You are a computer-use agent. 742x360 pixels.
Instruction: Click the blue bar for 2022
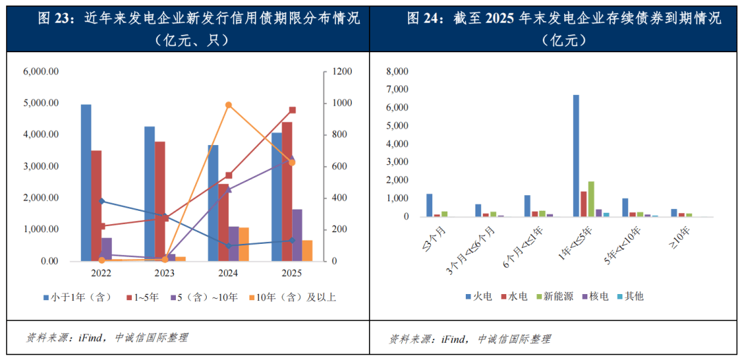[86, 183]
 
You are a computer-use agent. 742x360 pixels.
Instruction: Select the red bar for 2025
[287, 192]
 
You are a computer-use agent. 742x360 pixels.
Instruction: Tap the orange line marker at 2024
[229, 105]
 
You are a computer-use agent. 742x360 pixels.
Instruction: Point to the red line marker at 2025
[292, 110]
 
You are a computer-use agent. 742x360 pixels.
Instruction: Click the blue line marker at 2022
[102, 201]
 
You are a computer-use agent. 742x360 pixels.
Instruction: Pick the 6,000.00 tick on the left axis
[41, 71]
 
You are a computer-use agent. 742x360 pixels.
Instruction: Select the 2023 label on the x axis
[165, 273]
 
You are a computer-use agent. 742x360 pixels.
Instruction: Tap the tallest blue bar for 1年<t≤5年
[576, 156]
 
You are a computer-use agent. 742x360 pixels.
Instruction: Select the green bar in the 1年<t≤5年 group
[591, 199]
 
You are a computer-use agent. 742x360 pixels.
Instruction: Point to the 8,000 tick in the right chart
[398, 71]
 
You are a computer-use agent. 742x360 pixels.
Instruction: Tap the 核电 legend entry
[596, 296]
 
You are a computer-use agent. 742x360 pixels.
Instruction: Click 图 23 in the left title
[56, 19]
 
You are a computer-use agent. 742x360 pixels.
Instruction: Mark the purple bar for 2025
[297, 235]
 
